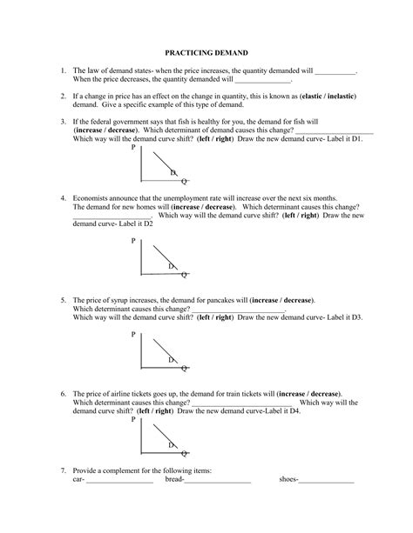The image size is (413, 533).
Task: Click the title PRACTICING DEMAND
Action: click(206, 52)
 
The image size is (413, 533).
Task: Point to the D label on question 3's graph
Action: click(173, 172)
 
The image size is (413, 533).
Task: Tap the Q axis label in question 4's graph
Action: click(184, 275)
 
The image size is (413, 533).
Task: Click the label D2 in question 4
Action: click(147, 223)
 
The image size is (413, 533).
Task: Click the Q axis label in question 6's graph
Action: click(184, 453)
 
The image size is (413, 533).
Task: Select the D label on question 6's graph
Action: click(172, 445)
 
